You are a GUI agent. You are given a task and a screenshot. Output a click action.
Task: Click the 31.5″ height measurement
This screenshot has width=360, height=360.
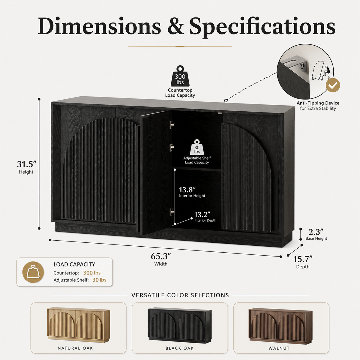26,164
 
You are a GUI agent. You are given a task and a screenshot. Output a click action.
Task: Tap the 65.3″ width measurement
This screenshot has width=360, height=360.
161,256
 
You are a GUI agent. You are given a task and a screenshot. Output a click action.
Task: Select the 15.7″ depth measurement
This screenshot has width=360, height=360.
303,259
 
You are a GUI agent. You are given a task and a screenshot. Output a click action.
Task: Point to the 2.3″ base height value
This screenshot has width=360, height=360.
316,232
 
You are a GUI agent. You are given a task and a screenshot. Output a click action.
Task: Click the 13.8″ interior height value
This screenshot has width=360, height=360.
187,190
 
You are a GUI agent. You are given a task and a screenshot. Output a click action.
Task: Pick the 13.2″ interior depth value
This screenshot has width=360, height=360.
202,215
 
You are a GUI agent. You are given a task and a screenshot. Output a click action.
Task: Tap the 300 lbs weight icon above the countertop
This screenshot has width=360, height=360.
180,76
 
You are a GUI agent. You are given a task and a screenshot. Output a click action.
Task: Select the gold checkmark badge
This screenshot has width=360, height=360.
333,85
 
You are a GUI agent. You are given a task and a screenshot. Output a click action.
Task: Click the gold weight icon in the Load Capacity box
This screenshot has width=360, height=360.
33,272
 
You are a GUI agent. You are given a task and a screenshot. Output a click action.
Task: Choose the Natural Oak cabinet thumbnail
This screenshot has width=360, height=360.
79,325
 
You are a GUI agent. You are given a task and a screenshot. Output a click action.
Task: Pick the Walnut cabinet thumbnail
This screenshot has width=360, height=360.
280,326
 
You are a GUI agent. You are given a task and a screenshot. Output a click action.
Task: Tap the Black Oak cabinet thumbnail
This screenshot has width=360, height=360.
179,325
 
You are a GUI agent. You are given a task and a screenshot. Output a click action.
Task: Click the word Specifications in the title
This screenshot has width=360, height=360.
262,26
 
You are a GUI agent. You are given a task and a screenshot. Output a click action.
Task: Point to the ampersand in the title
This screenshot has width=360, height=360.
175,26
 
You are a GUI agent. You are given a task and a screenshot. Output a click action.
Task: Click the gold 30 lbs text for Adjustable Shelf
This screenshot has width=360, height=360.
99,280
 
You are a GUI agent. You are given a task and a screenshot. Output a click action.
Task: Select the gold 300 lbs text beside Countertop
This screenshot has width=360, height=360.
92,273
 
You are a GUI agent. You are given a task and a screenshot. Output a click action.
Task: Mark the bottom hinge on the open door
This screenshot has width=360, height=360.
172,212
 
